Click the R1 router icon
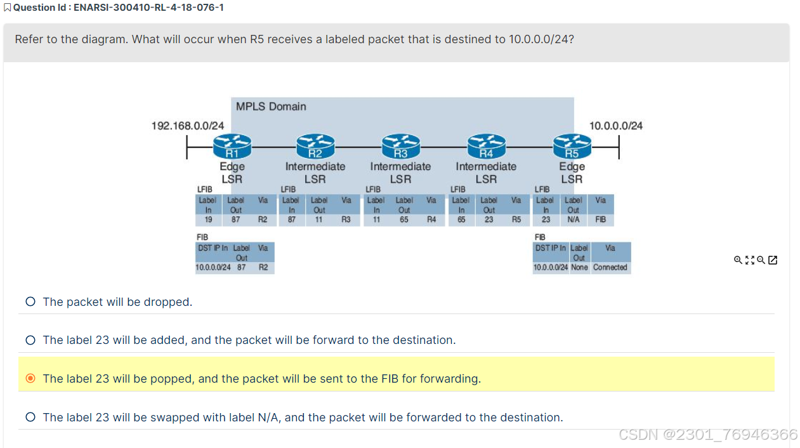tap(232, 147)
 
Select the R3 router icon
tap(400, 147)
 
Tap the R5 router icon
tap(572, 147)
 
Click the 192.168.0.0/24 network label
tap(187, 126)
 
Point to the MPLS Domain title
tap(271, 107)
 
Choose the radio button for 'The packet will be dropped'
tap(30, 302)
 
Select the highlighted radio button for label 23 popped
tap(30, 379)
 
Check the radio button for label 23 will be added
tap(30, 340)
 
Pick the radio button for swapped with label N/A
tap(30, 417)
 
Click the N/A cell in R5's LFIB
tap(573, 220)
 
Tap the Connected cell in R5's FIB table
tap(610, 268)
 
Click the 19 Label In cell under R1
tap(208, 220)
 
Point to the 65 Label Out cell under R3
tap(404, 220)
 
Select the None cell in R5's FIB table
tap(579, 268)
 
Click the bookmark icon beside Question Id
tap(7, 8)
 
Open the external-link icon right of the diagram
tap(773, 260)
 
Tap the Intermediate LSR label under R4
tap(486, 173)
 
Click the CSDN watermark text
tap(707, 435)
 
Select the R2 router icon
tap(315, 147)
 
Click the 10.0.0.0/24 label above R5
tap(615, 126)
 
